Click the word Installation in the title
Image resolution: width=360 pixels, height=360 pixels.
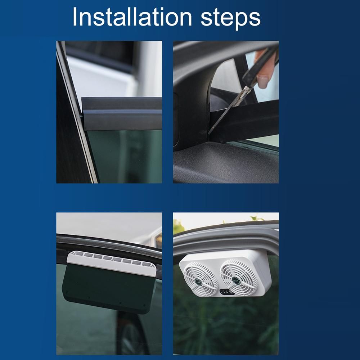tap(132, 17)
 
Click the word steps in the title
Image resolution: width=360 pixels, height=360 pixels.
tap(230, 18)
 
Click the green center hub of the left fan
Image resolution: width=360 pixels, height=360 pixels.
tap(199, 282)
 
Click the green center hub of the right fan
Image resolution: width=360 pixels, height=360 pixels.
tap(235, 280)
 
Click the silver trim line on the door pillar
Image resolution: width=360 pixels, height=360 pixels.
tap(77, 112)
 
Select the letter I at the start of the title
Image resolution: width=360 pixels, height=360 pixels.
tap(75, 17)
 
